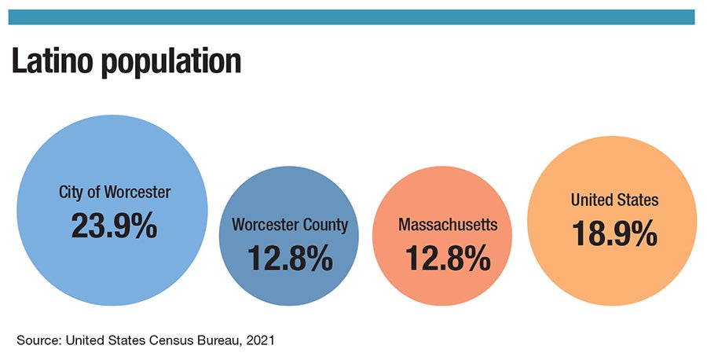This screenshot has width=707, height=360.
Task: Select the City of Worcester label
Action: (114, 191)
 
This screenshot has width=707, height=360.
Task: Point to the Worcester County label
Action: (290, 225)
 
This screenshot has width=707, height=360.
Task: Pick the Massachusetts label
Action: (448, 225)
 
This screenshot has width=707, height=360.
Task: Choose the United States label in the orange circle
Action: (614, 200)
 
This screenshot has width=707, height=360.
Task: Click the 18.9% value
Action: (614, 233)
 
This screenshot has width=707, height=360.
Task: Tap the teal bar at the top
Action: (353, 17)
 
